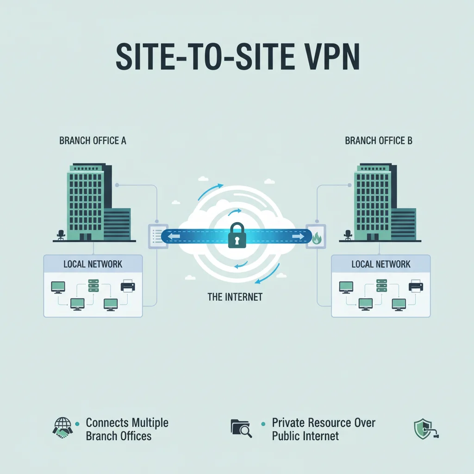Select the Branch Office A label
click(x=93, y=141)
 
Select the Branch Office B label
click(x=379, y=141)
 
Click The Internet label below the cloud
click(x=235, y=297)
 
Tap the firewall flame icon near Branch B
click(x=317, y=238)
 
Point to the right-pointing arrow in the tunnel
click(x=298, y=237)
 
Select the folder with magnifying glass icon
click(x=241, y=428)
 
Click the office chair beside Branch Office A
click(x=60, y=235)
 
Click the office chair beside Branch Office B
click(x=348, y=235)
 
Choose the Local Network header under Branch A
click(x=93, y=264)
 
